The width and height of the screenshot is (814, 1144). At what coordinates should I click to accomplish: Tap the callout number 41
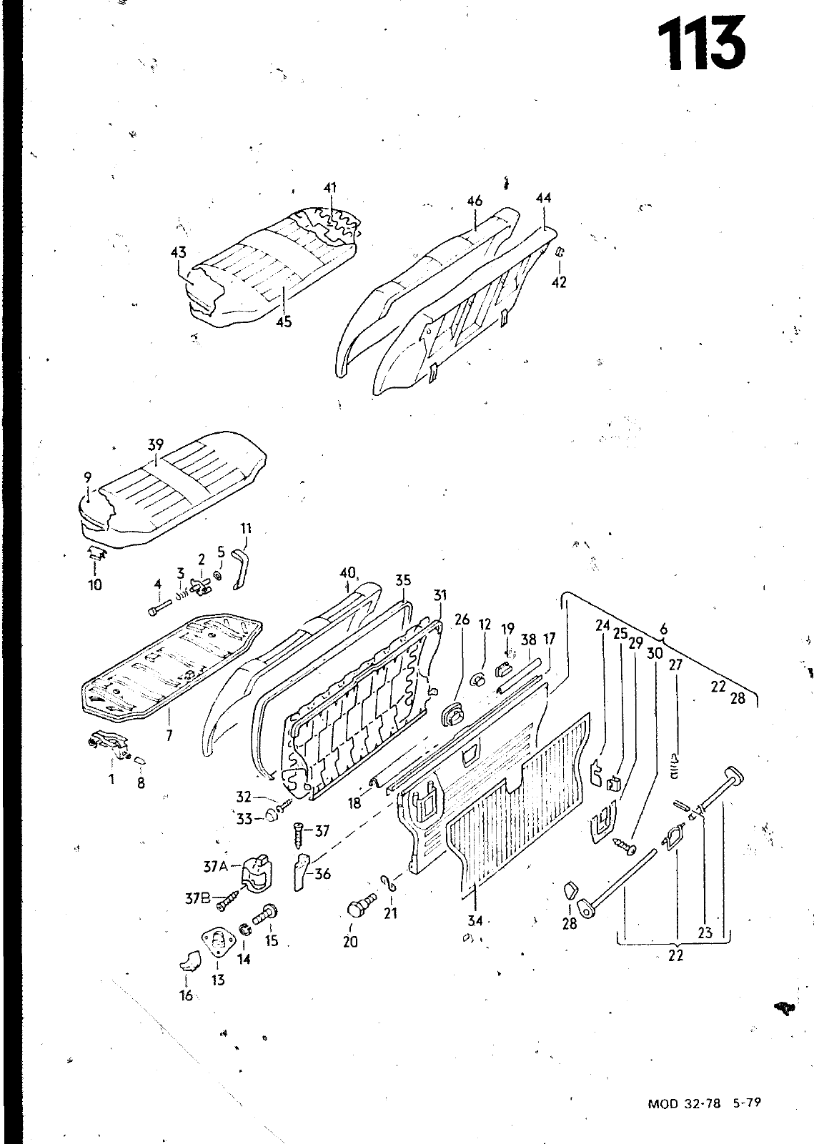pyautogui.click(x=330, y=187)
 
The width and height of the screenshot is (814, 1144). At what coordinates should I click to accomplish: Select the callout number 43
pyautogui.click(x=179, y=252)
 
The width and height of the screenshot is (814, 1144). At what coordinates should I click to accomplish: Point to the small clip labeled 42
pyautogui.click(x=559, y=252)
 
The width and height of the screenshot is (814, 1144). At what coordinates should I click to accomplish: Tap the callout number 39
pyautogui.click(x=156, y=444)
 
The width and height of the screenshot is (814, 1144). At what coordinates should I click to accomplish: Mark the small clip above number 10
pyautogui.click(x=96, y=552)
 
